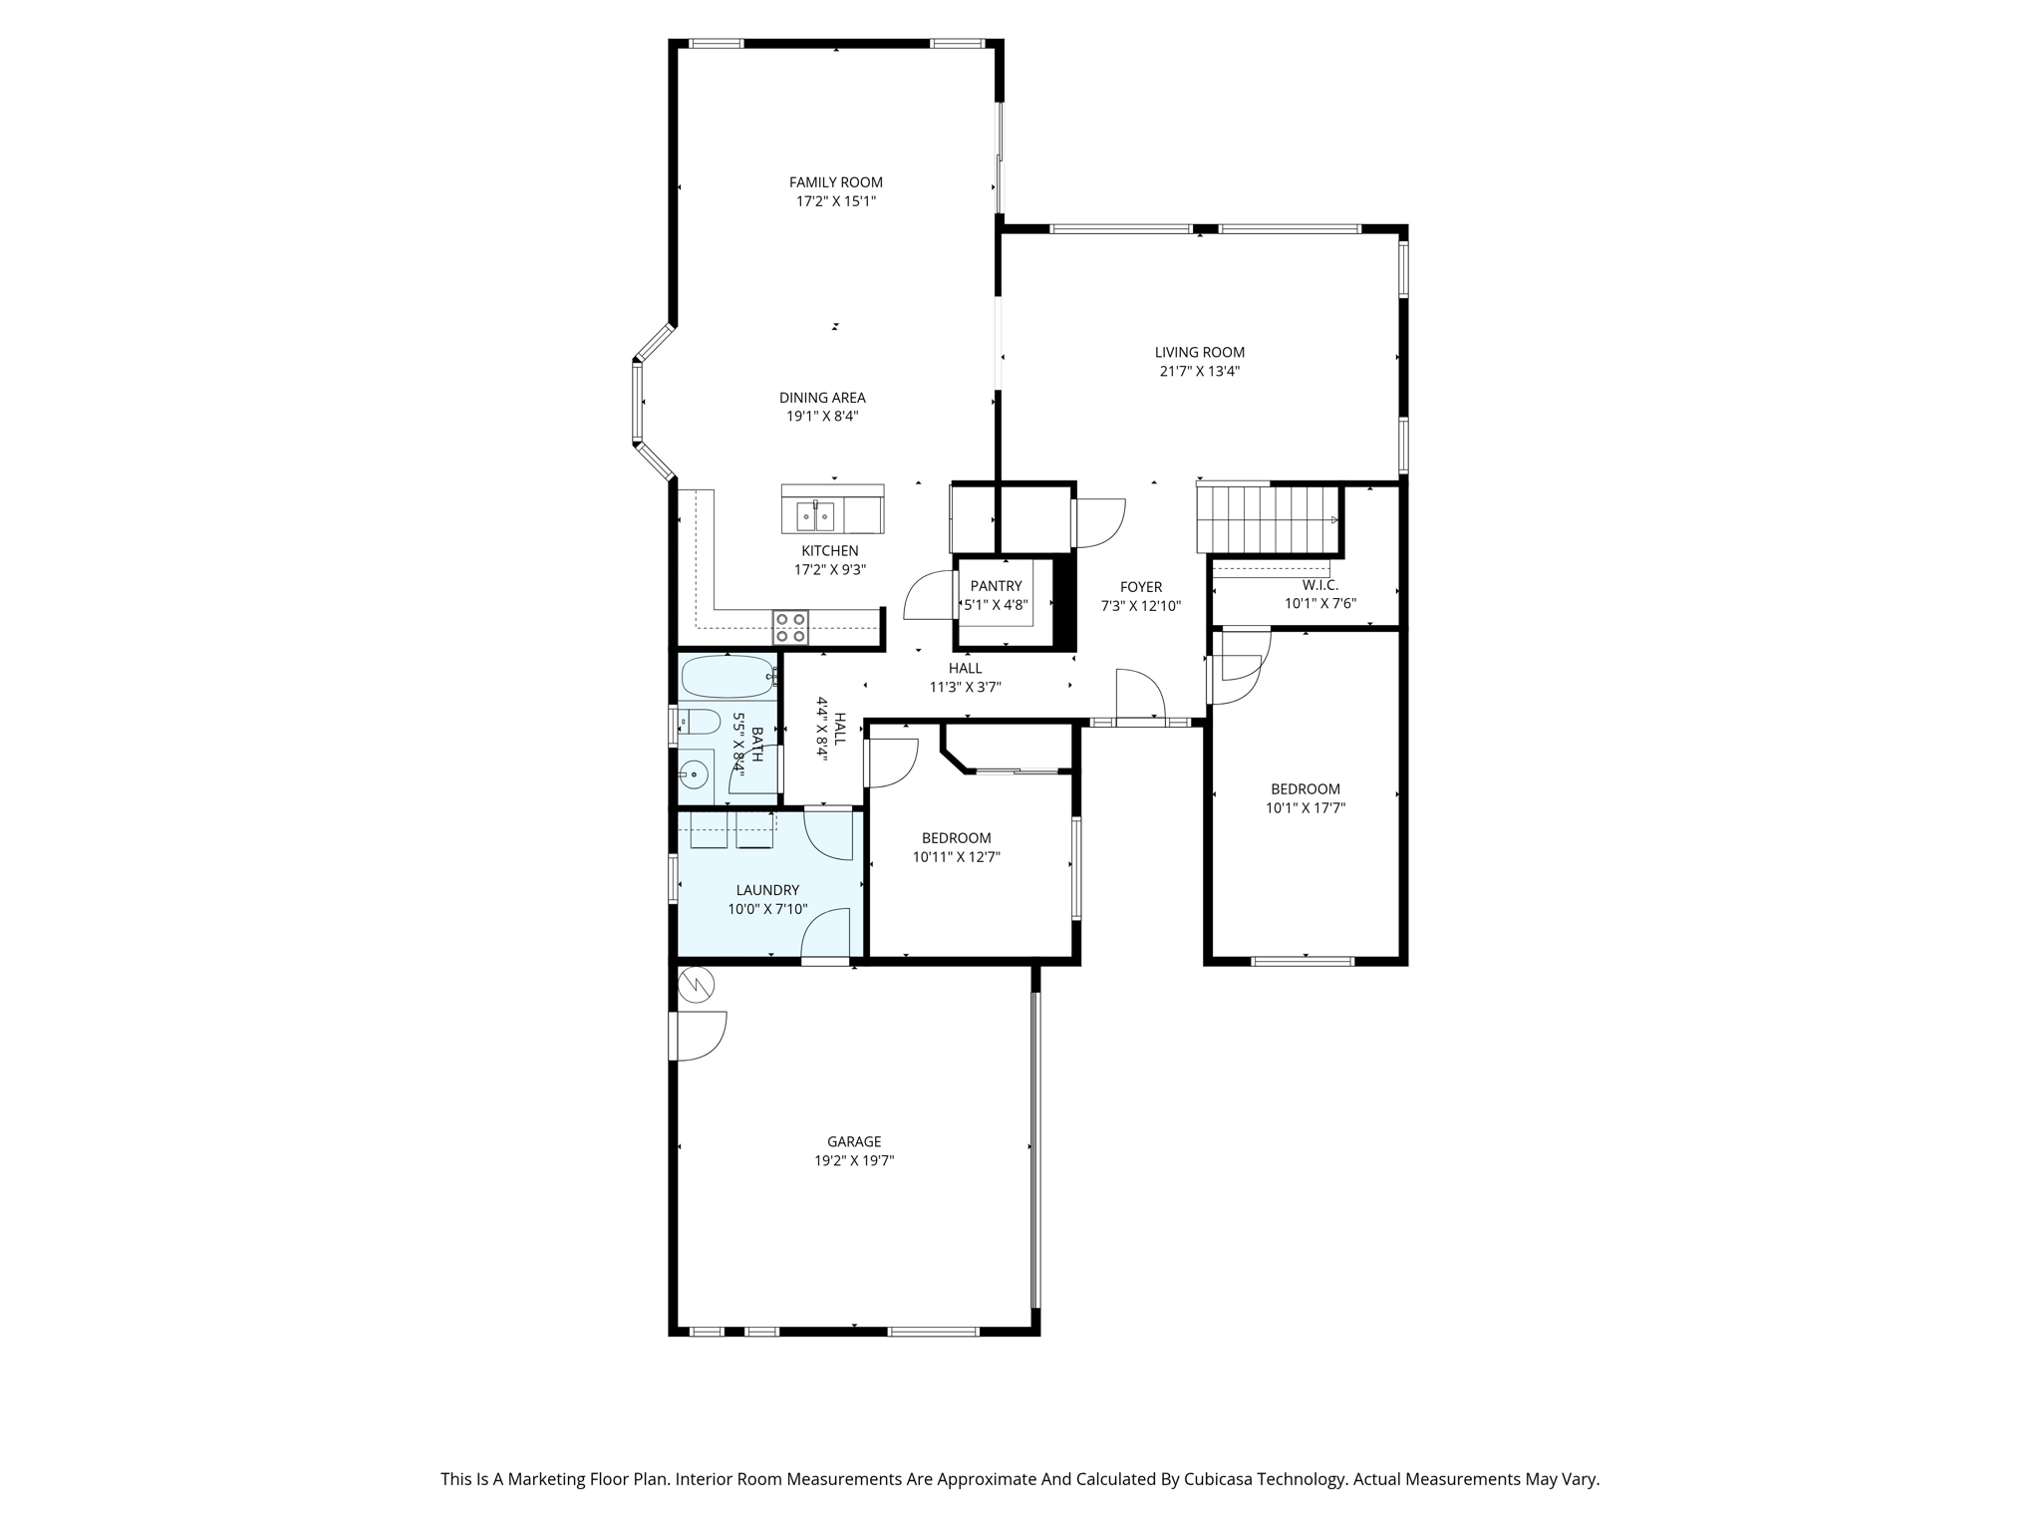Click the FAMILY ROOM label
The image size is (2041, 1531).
[835, 182]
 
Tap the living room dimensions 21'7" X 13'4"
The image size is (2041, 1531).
[1199, 372]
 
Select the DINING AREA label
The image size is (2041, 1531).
[822, 398]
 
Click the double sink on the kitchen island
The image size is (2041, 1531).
[814, 516]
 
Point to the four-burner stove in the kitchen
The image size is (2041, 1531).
[790, 627]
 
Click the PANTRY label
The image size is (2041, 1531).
[996, 586]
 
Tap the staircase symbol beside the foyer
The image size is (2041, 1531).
[1267, 518]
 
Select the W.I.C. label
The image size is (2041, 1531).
[1319, 585]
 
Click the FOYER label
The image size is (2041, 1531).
[1140, 587]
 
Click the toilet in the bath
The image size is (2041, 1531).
[699, 722]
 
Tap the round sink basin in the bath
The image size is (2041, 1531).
[694, 774]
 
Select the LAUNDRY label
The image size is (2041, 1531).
[767, 890]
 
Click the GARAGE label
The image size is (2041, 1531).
[853, 1141]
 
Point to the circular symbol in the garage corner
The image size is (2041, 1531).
[696, 986]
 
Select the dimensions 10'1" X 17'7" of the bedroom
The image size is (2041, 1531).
[1305, 808]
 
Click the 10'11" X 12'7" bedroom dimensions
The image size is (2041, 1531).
[956, 857]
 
